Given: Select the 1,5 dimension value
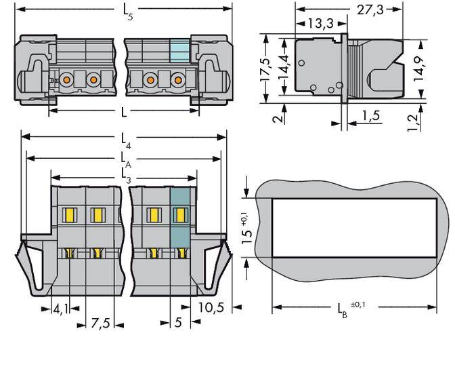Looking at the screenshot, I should (370, 116).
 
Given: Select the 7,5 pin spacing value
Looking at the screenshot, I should (100, 323).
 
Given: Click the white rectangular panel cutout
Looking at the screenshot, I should (353, 228).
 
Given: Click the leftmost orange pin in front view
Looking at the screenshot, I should (68, 81).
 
